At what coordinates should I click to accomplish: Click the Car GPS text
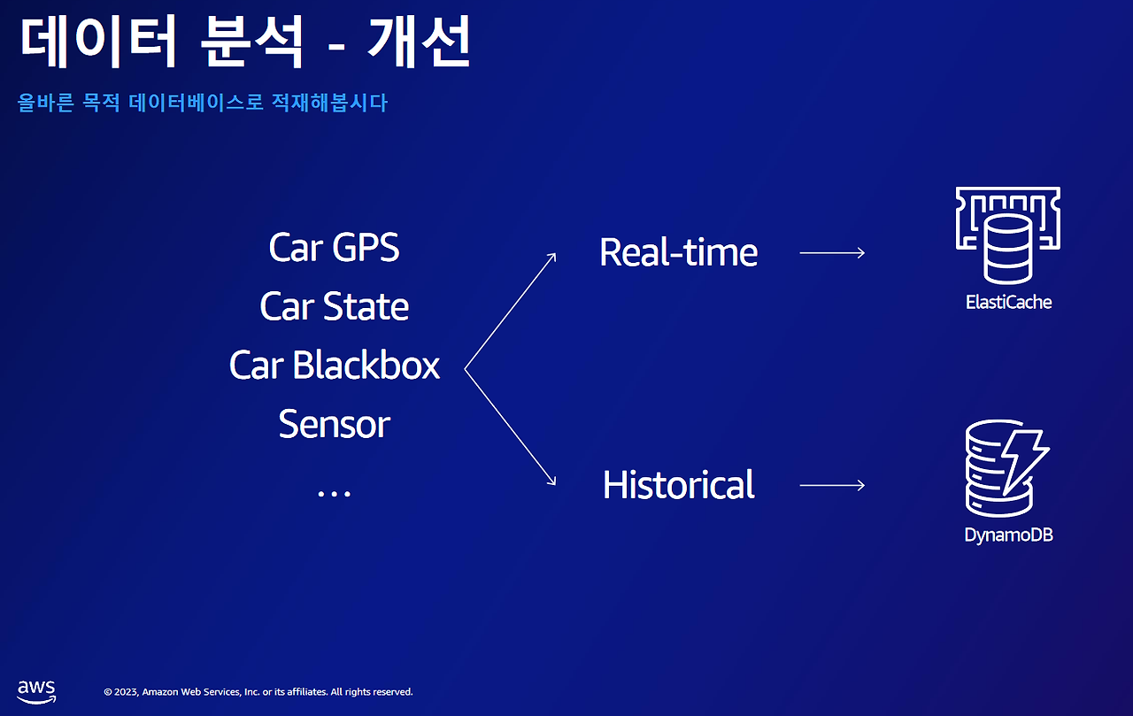(x=334, y=248)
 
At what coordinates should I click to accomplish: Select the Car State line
(x=334, y=307)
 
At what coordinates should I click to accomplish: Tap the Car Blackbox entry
(x=334, y=366)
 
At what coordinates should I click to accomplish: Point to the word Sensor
(x=334, y=425)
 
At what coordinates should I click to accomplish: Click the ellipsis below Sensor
(x=334, y=492)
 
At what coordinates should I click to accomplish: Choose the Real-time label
(x=678, y=253)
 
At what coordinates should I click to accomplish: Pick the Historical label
(x=678, y=485)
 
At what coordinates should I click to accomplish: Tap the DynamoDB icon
(x=1006, y=470)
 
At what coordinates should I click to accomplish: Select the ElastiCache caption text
(x=1008, y=302)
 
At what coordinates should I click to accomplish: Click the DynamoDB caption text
(x=1008, y=535)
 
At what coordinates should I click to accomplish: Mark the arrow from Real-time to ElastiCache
(x=832, y=253)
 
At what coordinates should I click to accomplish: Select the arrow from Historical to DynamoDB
(x=832, y=485)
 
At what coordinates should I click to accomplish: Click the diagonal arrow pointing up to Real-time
(x=511, y=311)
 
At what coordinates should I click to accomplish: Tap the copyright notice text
(x=258, y=692)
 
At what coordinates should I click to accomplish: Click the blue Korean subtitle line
(x=203, y=104)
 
